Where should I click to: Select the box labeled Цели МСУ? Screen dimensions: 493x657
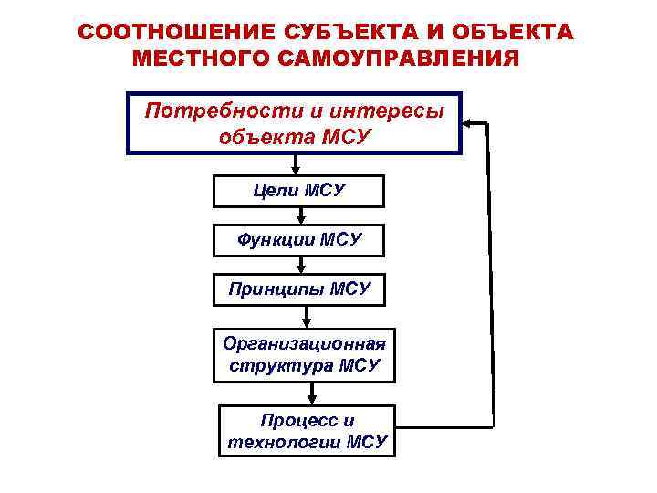tap(298, 192)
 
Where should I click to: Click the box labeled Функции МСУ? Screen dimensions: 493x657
tap(298, 240)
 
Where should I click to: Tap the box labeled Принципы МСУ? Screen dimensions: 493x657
tap(298, 289)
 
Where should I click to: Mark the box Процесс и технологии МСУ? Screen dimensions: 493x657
tap(307, 431)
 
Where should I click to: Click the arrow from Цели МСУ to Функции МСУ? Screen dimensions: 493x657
tap(300, 216)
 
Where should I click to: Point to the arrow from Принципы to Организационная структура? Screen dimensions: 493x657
tap(308, 316)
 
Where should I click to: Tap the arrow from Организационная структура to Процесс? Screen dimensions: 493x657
tap(312, 393)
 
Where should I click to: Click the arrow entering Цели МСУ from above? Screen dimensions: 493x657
tap(294, 165)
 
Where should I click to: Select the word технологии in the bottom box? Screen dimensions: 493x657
tap(282, 443)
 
